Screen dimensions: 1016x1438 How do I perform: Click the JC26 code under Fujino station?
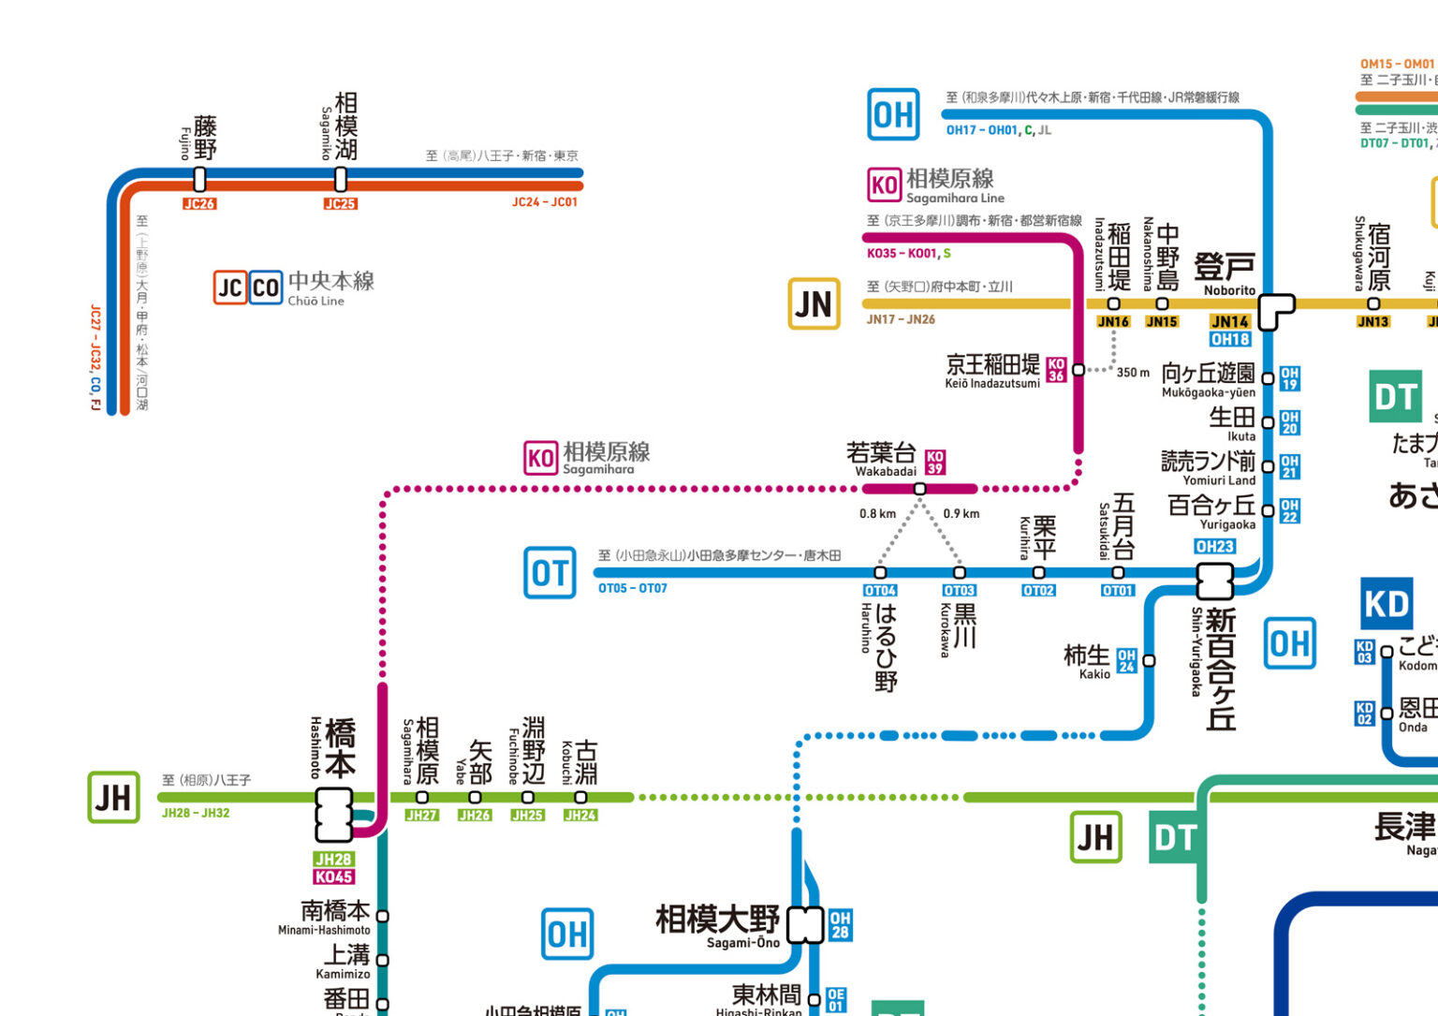pyautogui.click(x=199, y=203)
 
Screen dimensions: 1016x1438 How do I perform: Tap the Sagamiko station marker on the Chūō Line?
pyautogui.click(x=341, y=178)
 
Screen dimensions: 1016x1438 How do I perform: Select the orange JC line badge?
pyautogui.click(x=230, y=287)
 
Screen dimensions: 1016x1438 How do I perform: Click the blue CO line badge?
pyautogui.click(x=266, y=287)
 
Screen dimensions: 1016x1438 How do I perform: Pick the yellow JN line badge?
pyautogui.click(x=814, y=304)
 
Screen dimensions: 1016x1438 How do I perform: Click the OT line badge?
pyautogui.click(x=550, y=572)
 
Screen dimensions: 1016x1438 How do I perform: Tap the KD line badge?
pyautogui.click(x=1386, y=604)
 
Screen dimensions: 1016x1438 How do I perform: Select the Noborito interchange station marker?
pyautogui.click(x=1273, y=310)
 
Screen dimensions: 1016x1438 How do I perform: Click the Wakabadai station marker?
pyautogui.click(x=920, y=489)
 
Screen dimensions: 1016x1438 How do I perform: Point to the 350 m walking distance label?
pyautogui.click(x=1133, y=373)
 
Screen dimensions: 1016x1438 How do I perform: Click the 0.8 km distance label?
pyautogui.click(x=877, y=514)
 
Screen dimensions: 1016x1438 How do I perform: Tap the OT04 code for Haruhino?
pyautogui.click(x=880, y=591)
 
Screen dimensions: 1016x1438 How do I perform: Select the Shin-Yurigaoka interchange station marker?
pyautogui.click(x=1215, y=582)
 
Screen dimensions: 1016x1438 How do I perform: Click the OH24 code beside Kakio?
pyautogui.click(x=1127, y=661)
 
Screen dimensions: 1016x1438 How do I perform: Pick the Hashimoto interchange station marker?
pyautogui.click(x=334, y=815)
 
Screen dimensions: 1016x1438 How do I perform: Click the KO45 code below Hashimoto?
pyautogui.click(x=333, y=877)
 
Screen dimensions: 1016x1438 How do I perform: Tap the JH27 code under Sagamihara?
pyautogui.click(x=421, y=816)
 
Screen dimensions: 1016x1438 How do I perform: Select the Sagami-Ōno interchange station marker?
pyautogui.click(x=805, y=925)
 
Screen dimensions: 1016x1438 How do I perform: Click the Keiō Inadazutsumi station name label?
pyautogui.click(x=992, y=371)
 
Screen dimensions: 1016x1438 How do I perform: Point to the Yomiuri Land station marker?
pyautogui.click(x=1268, y=466)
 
